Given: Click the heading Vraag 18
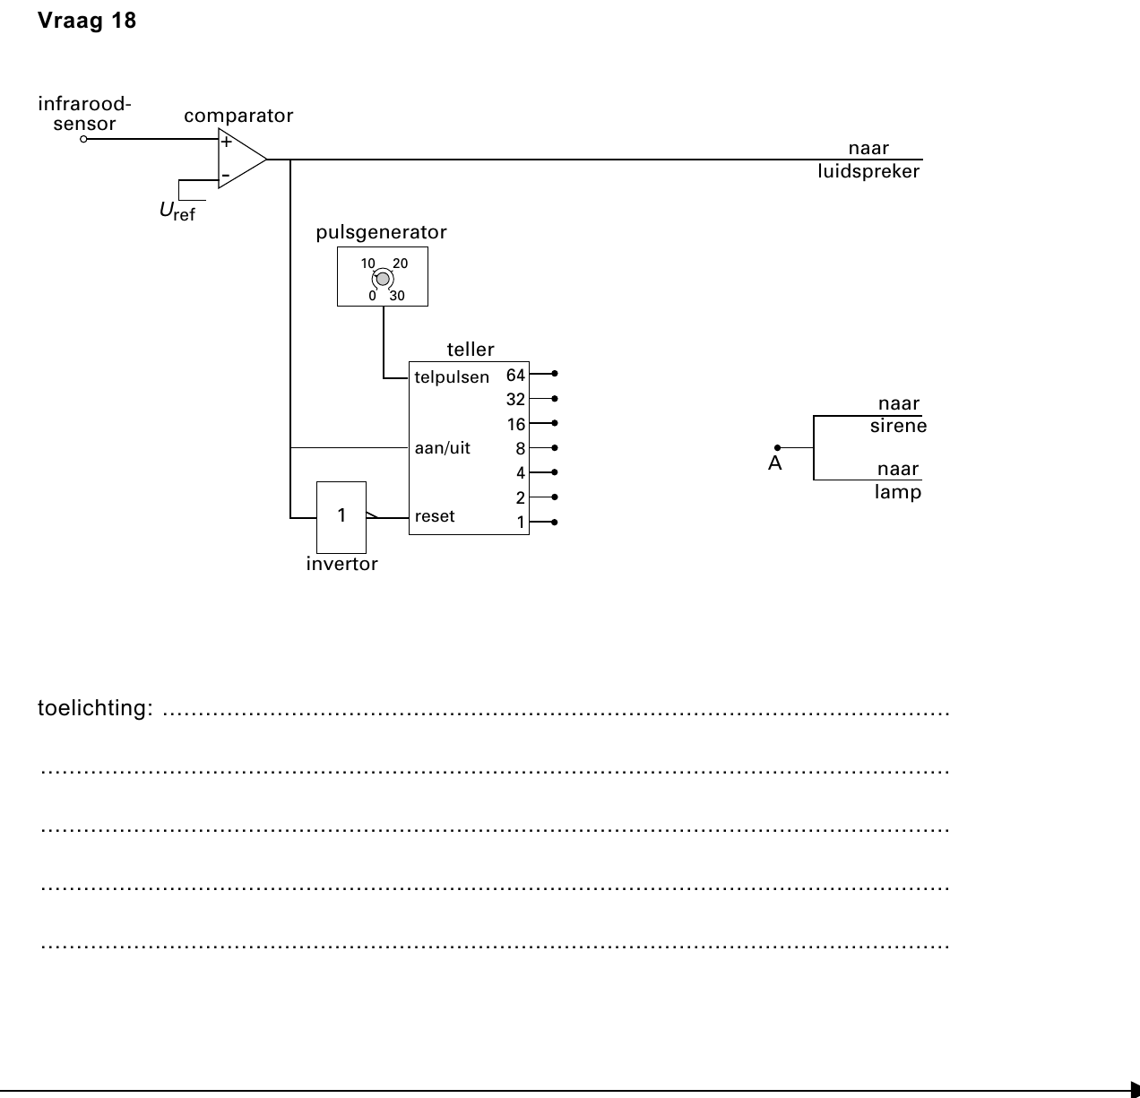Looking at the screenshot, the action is click(87, 21).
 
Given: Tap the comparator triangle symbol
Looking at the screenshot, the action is click(243, 158).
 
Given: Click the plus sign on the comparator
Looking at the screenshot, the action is click(226, 142).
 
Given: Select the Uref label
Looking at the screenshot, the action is click(177, 211).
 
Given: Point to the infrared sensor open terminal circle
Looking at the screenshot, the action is click(83, 139).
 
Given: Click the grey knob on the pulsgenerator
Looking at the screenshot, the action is click(383, 279).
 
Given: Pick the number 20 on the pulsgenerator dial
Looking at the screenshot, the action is click(400, 264).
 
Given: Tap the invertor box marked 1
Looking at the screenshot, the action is click(341, 517).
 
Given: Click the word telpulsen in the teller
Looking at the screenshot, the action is click(452, 377).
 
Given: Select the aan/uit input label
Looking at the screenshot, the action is click(443, 448).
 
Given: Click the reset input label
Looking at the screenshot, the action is click(435, 516).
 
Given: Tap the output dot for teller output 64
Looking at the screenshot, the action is click(555, 373).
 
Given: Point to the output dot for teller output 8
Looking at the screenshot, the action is click(555, 447).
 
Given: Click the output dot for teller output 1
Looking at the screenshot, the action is click(555, 522).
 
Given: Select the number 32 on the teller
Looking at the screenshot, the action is click(515, 400).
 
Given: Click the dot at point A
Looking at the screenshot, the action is click(777, 447).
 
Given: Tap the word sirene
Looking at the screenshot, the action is click(898, 426).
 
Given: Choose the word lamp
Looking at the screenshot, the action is click(898, 492).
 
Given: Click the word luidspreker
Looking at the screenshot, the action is click(868, 172).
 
